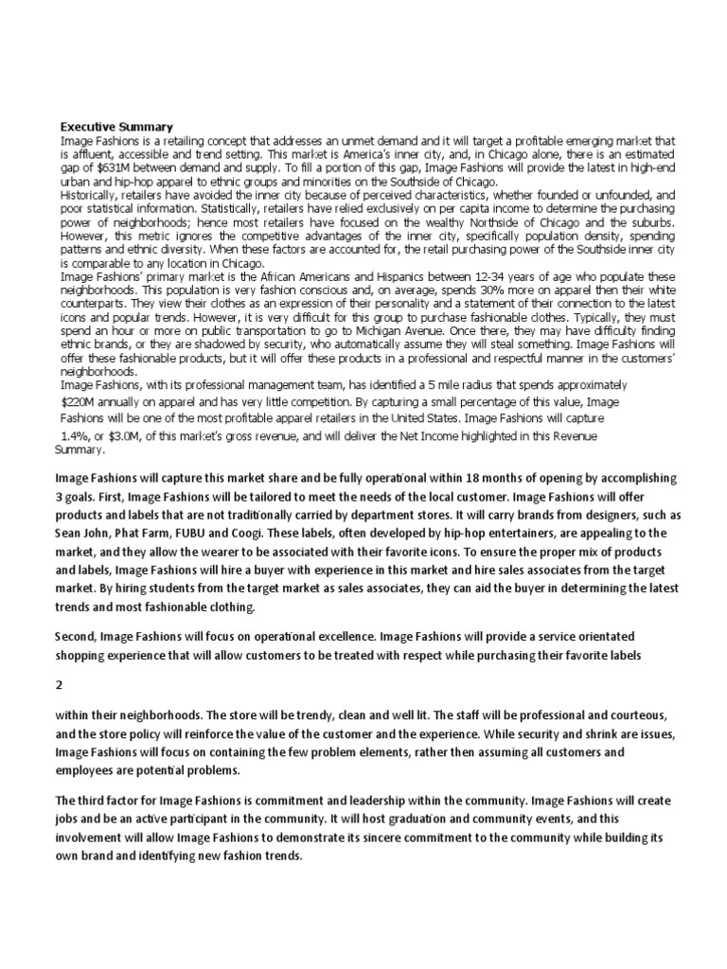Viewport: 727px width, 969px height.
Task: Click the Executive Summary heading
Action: tap(116, 126)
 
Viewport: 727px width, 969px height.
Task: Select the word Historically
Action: tap(91, 193)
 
